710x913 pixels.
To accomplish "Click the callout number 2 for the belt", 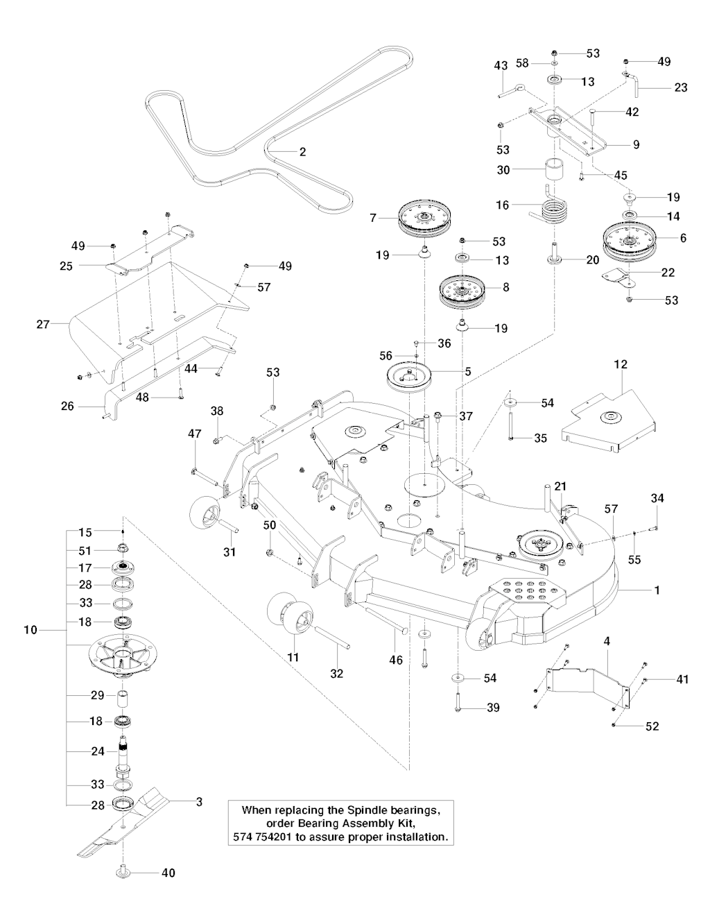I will point(302,151).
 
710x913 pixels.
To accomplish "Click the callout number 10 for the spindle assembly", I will point(31,631).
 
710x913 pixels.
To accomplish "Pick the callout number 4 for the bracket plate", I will point(607,642).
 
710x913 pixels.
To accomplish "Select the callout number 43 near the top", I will point(501,65).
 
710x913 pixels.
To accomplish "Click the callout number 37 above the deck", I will point(465,416).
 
